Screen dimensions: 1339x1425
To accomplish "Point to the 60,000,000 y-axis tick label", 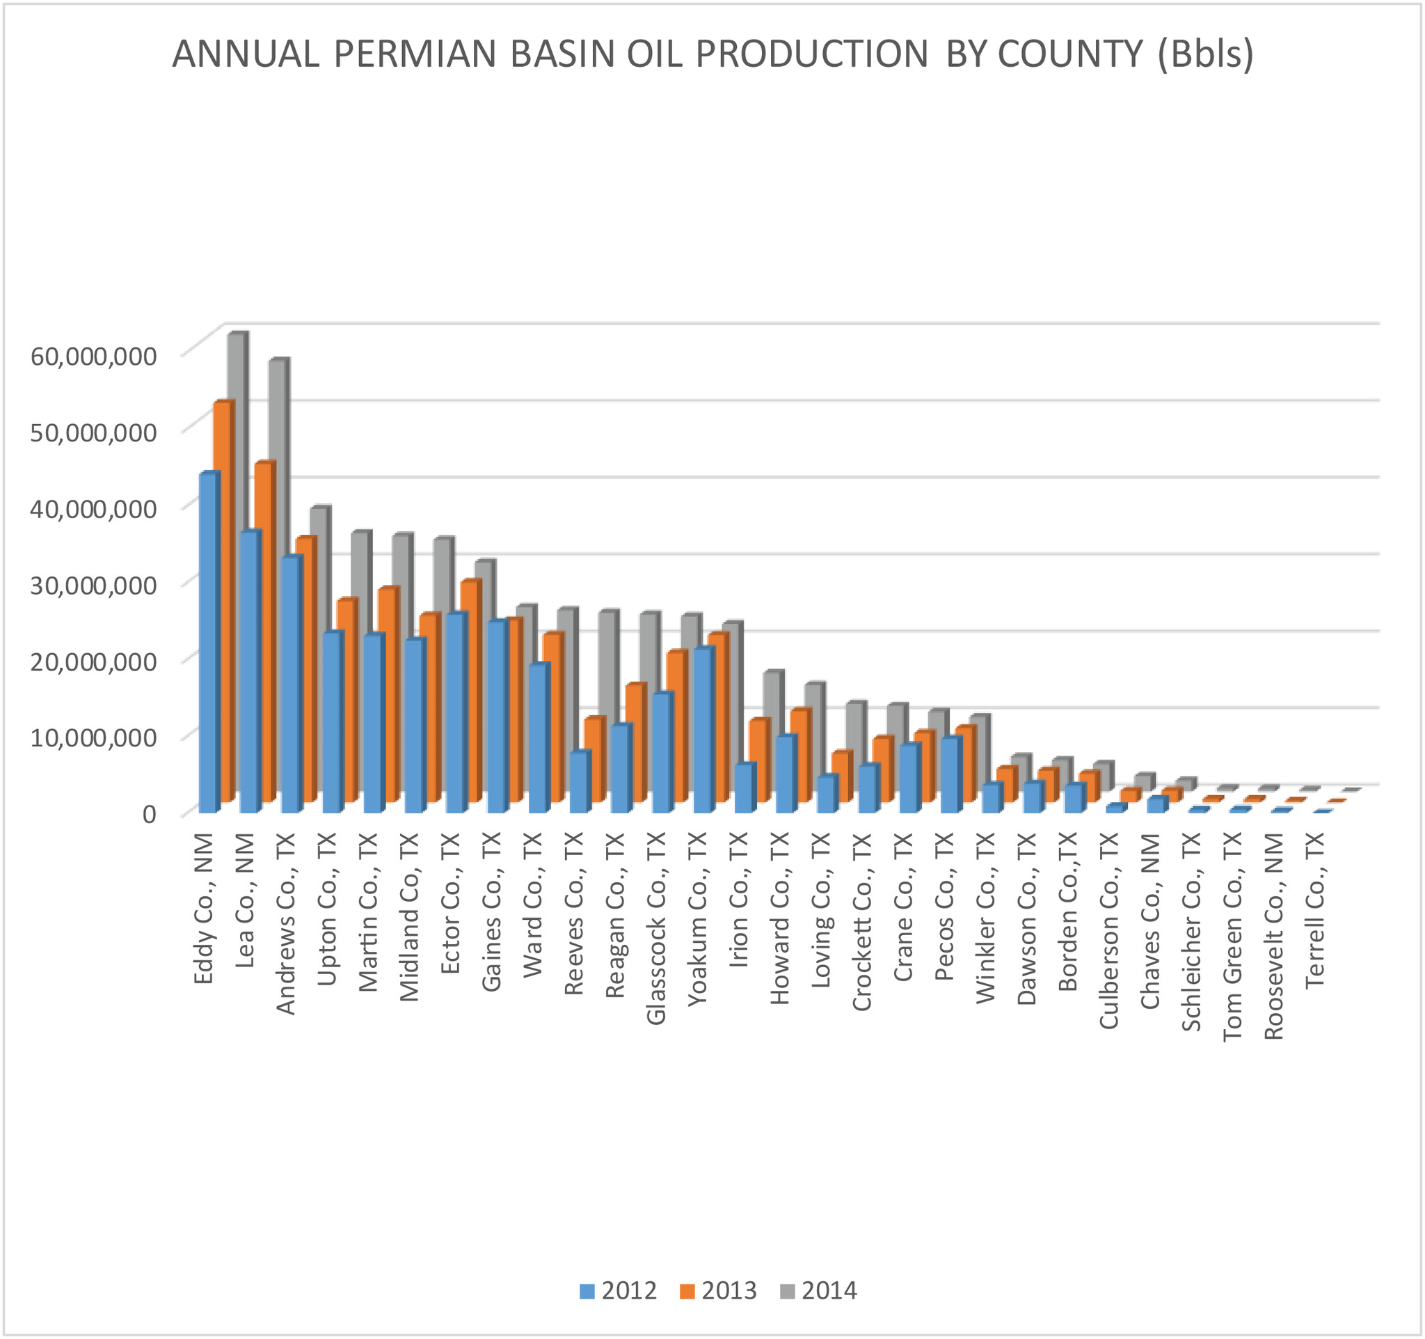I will point(93,356).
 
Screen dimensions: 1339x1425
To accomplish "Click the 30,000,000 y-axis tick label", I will point(93,584).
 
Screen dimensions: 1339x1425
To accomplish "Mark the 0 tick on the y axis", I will point(148,813).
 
